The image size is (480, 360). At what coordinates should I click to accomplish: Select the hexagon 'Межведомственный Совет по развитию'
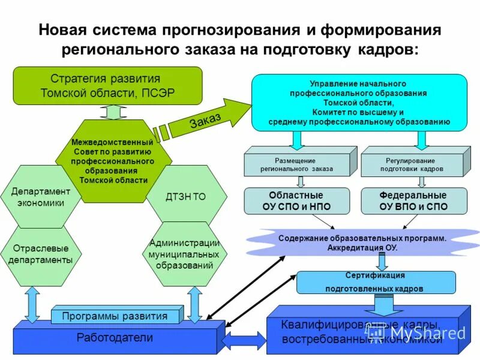[113, 160]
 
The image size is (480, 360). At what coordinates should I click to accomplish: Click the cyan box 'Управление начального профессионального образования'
[359, 103]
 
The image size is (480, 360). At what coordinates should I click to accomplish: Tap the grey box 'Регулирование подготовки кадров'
[412, 165]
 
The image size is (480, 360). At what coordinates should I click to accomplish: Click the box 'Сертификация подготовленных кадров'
[374, 282]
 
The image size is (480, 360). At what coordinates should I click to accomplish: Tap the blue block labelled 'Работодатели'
[114, 338]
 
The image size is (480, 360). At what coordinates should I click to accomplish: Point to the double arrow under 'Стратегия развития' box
[111, 112]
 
